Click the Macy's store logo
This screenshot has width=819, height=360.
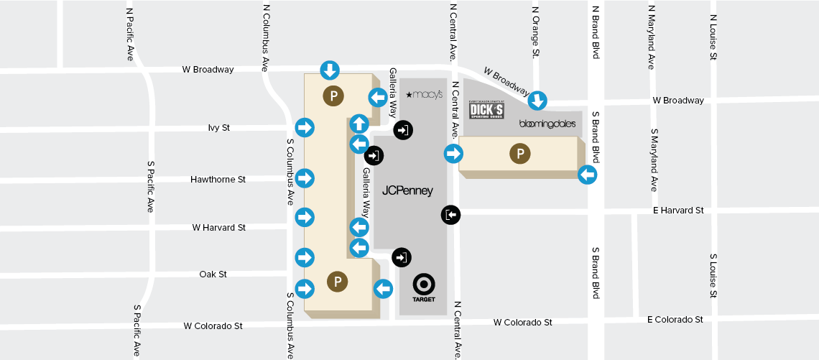coord(425,94)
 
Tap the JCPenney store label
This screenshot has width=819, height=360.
coord(407,191)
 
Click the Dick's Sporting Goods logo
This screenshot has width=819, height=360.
coord(486,111)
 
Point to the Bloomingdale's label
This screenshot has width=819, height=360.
coord(547,124)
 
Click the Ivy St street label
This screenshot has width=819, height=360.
coord(218,128)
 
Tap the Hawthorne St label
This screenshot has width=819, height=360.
coord(218,179)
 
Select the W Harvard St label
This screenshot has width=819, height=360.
coord(218,228)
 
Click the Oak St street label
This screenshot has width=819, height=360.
coord(213,274)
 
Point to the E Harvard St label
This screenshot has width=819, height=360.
coord(677,211)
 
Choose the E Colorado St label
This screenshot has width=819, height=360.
coord(675,319)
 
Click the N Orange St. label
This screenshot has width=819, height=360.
coord(535,32)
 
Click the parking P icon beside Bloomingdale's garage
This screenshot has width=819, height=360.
coord(519,154)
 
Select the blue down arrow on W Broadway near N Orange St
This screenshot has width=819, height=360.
coord(538,101)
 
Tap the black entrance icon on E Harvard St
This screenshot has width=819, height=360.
coord(450,214)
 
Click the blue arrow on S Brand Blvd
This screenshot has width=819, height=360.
coord(587,174)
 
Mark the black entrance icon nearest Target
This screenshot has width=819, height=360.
coord(402,257)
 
